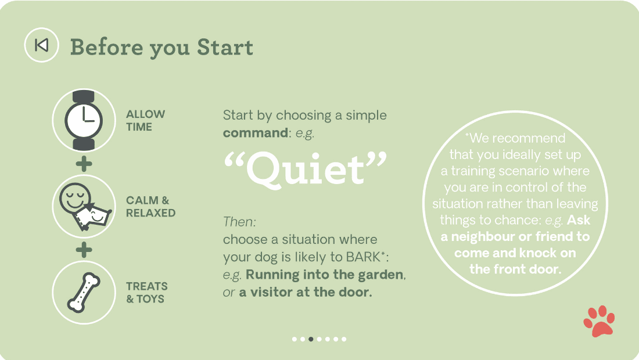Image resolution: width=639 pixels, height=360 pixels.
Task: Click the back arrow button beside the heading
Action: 42,45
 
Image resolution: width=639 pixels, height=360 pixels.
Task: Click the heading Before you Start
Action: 161,48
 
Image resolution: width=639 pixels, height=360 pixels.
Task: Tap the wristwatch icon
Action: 84,120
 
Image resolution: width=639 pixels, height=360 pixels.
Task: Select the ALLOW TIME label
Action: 145,120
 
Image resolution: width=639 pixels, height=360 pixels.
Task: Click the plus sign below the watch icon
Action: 84,164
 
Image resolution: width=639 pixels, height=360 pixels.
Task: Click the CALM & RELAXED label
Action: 151,207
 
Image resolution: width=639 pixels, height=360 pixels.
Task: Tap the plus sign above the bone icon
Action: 84,250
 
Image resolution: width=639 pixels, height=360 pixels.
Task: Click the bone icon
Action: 84,293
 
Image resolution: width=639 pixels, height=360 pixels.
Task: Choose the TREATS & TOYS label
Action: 147,293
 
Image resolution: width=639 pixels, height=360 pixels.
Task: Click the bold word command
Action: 256,133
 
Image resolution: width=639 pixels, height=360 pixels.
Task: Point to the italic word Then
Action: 239,222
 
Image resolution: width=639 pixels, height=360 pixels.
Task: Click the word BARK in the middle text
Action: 362,257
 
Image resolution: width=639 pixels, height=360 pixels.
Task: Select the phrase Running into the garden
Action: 325,275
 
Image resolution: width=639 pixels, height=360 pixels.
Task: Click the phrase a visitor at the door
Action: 305,293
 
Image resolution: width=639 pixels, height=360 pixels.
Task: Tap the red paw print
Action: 599,321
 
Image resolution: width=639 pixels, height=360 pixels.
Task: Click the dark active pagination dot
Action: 311,339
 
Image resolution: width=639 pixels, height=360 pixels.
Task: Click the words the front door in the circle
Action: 515,269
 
